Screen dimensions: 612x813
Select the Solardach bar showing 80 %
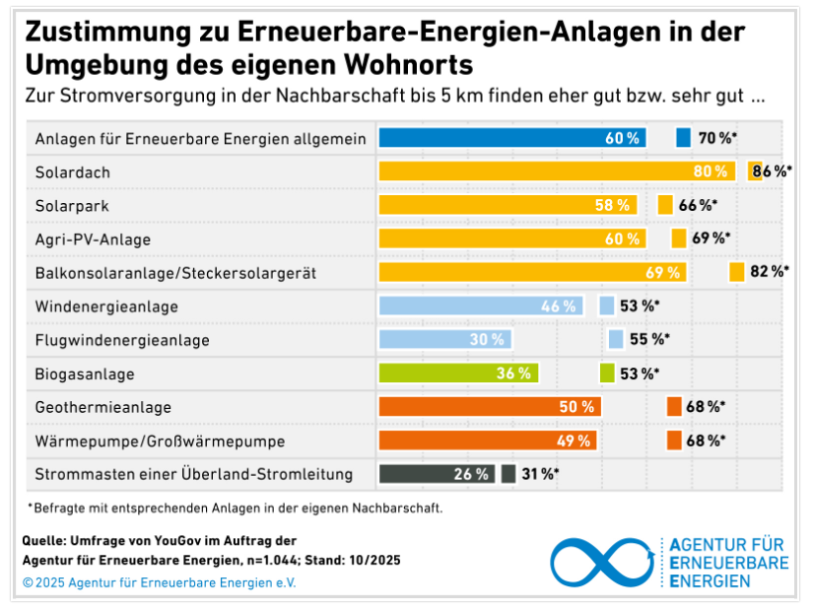[x=557, y=171]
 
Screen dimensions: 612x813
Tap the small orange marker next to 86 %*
[x=755, y=170]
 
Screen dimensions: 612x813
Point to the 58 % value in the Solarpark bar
[x=612, y=205]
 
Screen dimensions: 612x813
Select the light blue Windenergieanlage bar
[x=481, y=306]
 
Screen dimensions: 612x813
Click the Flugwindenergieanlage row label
[x=122, y=340]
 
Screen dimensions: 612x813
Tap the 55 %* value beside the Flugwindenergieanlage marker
[x=649, y=339]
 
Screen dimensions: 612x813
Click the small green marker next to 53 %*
[x=606, y=374]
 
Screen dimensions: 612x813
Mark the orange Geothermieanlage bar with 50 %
[x=490, y=406]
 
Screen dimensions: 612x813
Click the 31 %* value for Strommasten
[x=540, y=474]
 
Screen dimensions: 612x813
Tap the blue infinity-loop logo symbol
[x=602, y=561]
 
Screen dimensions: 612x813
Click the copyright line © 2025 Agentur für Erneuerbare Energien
[x=160, y=581]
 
